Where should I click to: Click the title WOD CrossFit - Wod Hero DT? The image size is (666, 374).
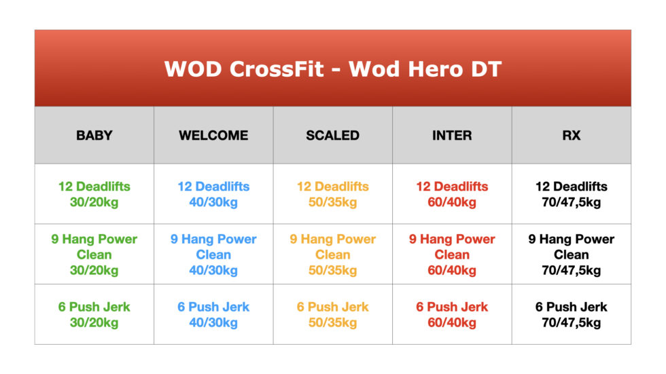(332, 69)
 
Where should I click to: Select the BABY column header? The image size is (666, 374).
(94, 135)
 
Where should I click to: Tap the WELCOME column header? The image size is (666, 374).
(213, 135)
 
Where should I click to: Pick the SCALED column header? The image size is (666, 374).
(332, 135)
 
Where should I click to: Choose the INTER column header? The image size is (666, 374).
(452, 135)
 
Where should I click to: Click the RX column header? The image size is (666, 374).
(571, 135)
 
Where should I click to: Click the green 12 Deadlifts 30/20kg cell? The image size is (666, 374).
(94, 194)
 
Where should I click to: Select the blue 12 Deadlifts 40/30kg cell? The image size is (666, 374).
(213, 194)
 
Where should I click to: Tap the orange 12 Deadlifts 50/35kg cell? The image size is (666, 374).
(332, 194)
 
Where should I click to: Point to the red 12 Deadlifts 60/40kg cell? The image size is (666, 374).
(452, 194)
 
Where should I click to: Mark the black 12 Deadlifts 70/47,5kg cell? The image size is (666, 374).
(571, 194)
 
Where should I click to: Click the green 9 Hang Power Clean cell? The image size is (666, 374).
(94, 255)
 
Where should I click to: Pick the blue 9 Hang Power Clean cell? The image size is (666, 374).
(213, 255)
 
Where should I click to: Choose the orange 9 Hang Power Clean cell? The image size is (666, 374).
(332, 255)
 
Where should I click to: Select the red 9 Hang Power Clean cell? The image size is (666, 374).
(452, 255)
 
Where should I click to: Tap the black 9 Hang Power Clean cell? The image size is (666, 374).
(571, 255)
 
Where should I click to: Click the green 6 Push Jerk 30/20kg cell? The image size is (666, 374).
(94, 314)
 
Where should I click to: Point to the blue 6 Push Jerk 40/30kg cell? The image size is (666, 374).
(213, 314)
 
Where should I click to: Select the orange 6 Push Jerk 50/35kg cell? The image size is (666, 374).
(332, 314)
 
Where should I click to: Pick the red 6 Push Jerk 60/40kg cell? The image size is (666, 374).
(452, 314)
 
